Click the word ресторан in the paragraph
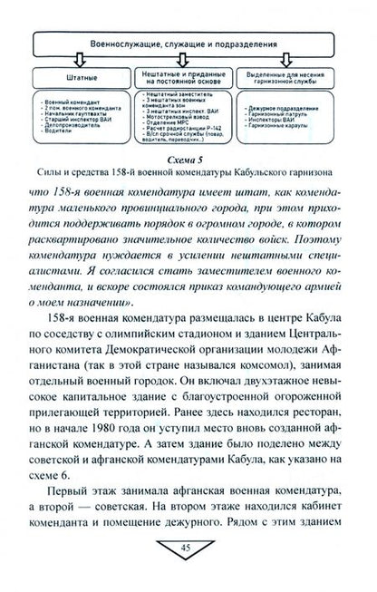(314, 392)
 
